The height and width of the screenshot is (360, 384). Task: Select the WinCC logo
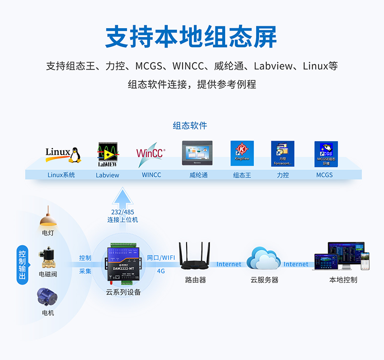(151, 153)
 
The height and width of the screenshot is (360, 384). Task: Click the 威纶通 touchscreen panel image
(197, 154)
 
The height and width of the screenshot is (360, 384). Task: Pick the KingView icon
(242, 153)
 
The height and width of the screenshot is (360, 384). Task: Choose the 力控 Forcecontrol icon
(282, 154)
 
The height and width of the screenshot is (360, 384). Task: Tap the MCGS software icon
(326, 154)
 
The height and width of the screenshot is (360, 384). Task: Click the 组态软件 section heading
(190, 126)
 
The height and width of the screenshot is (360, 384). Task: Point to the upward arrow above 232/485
(122, 198)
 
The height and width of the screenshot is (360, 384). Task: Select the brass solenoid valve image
(48, 259)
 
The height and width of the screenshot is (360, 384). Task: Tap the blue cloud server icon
(263, 258)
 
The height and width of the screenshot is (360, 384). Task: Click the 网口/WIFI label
(161, 258)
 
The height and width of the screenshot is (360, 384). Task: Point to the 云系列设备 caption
(123, 292)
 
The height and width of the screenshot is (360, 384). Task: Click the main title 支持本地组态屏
(192, 37)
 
